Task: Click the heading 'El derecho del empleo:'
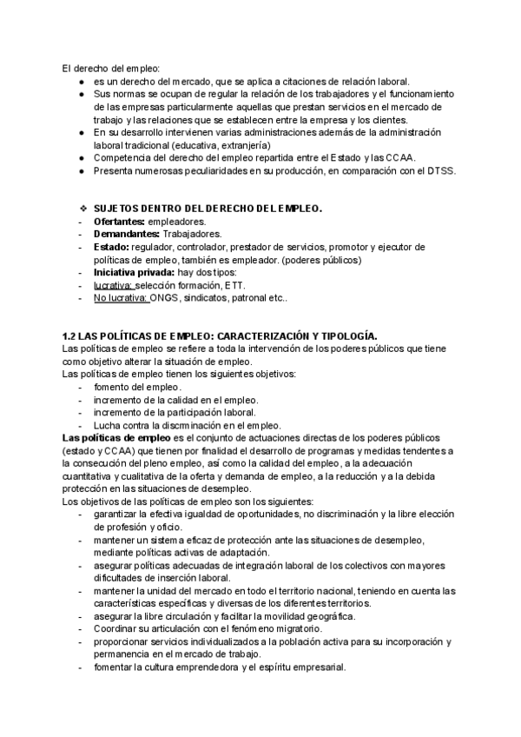coord(111,69)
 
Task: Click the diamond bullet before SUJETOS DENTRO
coord(82,209)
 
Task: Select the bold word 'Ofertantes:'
coord(121,222)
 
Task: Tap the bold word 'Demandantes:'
coord(126,235)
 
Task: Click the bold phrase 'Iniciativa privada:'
coord(134,273)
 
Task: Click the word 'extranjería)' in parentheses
coord(241,144)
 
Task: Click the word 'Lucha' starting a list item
coord(109,426)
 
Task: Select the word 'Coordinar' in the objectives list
coord(119,628)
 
